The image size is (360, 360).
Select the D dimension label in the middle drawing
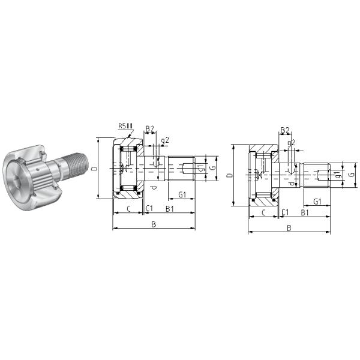coord(94,169)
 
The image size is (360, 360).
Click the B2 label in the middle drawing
coord(149,128)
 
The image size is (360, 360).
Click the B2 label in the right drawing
coord(285,130)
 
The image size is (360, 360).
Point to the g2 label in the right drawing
coord(292,143)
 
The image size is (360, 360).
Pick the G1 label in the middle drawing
coord(182,194)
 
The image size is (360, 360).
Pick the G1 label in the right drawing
coord(317,200)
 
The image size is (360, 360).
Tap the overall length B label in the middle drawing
coord(154,224)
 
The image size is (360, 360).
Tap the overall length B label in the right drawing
coord(289,228)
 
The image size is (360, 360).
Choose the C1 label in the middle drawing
coord(149,209)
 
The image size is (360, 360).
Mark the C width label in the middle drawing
coord(127,209)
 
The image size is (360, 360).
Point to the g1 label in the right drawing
coord(338,175)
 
